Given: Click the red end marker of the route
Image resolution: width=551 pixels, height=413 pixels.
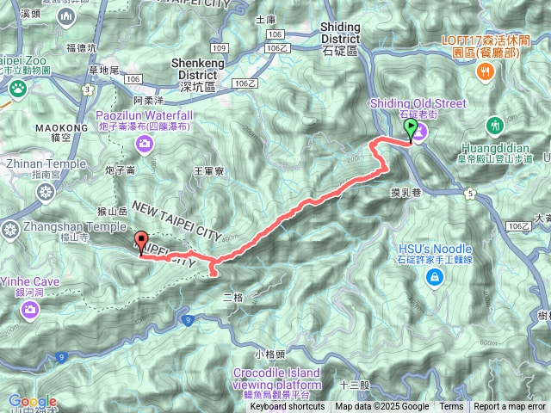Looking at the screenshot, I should click(x=141, y=242).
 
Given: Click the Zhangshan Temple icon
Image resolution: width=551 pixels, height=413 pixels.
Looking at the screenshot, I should click(x=10, y=229).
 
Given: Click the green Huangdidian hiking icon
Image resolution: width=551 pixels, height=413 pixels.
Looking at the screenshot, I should click(x=494, y=126).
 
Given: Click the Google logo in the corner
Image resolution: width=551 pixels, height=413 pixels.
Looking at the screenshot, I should click(x=32, y=401).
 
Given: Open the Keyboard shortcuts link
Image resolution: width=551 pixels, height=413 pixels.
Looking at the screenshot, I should click(x=288, y=407).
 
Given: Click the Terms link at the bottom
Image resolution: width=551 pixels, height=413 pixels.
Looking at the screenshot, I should click(x=451, y=407).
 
